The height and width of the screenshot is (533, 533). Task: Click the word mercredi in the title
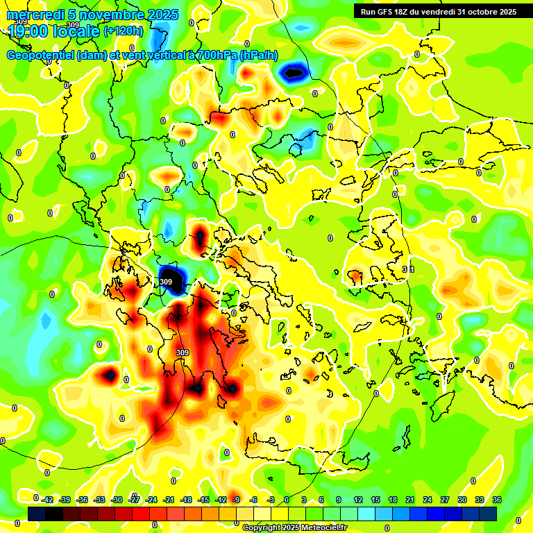click(35, 15)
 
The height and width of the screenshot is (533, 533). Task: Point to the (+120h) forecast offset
click(123, 31)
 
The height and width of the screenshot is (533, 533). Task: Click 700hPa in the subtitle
click(217, 55)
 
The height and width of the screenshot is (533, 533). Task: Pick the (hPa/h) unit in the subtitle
click(259, 55)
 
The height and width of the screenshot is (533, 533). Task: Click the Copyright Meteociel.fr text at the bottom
click(294, 528)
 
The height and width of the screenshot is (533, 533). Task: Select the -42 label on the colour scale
click(48, 500)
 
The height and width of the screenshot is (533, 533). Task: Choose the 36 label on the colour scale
click(497, 500)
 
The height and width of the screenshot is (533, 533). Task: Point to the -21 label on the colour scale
click(169, 500)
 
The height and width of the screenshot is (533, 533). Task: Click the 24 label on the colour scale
click(428, 500)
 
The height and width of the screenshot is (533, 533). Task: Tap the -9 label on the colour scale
click(237, 500)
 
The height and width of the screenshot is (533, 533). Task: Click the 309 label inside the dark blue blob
click(166, 282)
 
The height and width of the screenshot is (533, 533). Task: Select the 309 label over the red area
click(183, 353)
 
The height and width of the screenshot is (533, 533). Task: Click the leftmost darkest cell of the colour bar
click(37, 514)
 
